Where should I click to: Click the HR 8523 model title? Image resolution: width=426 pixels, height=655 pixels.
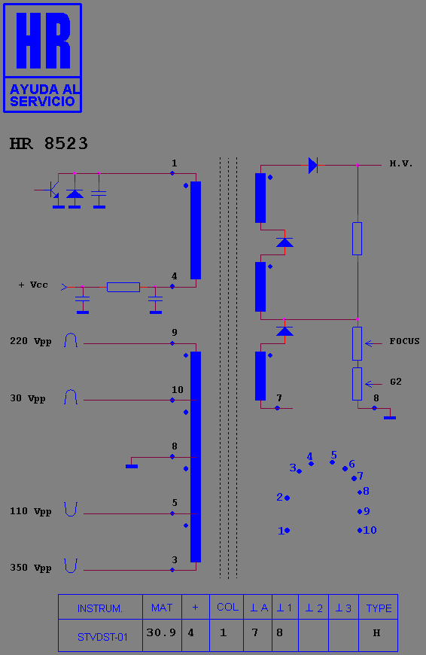(x=49, y=143)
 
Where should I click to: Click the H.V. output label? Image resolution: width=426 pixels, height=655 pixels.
(x=401, y=163)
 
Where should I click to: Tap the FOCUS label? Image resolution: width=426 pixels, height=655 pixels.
(x=404, y=341)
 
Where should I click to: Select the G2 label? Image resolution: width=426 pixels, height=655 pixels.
(x=395, y=382)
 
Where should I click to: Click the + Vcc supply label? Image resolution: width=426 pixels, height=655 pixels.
(x=33, y=285)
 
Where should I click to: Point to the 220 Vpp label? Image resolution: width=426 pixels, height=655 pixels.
(x=31, y=341)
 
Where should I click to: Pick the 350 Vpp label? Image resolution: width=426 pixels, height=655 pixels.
(x=31, y=568)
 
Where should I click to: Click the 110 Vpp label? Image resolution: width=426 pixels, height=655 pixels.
(x=31, y=511)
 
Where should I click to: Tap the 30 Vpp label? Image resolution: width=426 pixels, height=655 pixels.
(x=28, y=398)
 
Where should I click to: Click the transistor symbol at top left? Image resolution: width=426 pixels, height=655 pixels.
(x=53, y=190)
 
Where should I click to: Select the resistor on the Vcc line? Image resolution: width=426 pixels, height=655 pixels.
(x=123, y=287)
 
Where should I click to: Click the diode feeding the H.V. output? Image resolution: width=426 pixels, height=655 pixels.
(x=313, y=166)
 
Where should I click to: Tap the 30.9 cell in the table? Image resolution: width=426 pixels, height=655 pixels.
(x=161, y=633)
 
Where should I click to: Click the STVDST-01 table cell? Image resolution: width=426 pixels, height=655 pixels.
(x=102, y=637)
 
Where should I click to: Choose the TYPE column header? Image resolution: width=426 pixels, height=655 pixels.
(x=379, y=608)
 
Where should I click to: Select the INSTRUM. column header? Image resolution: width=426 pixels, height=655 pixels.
(x=100, y=608)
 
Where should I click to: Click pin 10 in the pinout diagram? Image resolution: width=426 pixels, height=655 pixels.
(x=360, y=531)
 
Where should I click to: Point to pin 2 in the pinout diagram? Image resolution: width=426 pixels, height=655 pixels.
(x=287, y=498)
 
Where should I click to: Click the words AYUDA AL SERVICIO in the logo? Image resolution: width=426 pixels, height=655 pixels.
(x=44, y=96)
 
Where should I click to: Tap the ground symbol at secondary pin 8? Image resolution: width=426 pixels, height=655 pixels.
(x=390, y=417)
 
